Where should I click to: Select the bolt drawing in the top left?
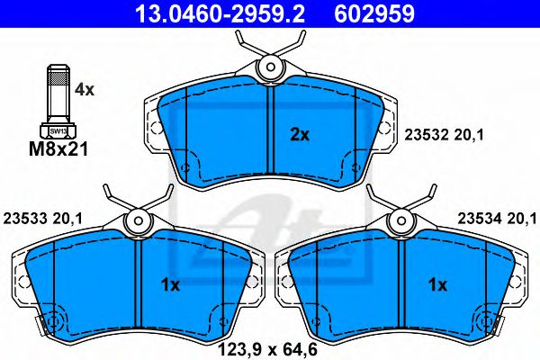coord(56,99)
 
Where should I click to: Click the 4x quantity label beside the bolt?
coord(84,90)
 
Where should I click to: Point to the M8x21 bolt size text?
coord(57,149)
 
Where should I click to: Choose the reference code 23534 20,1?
coord(497,216)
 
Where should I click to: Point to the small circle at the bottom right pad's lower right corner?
coord(487,321)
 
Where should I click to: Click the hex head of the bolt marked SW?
coord(56,129)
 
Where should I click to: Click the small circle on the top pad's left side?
coord(184,167)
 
